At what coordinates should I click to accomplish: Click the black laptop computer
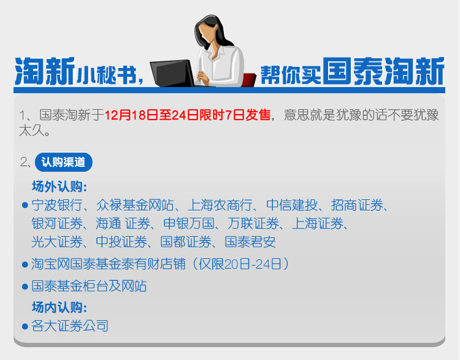pos(172,74)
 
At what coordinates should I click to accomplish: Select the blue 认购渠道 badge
pos(64,162)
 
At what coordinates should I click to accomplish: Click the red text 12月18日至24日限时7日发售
pos(188,115)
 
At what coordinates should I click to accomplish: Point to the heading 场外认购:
pos(59,186)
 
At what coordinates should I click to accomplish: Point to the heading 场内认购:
pos(59,307)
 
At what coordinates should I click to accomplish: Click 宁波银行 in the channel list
pos(57,205)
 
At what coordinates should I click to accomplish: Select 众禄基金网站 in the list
pos(135,205)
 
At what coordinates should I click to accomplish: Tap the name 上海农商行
pos(220,205)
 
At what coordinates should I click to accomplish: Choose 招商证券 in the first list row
pos(357,205)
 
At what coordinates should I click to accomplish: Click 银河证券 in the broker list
pos(57,224)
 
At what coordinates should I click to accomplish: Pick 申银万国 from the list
pos(189,224)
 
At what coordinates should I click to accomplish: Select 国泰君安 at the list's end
pos(250,242)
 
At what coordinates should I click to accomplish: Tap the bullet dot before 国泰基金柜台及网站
pos(25,286)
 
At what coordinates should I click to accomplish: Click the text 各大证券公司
pos(70,326)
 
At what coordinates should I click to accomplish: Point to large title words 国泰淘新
pos(384,71)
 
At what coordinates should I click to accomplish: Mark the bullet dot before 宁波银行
pos(25,205)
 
